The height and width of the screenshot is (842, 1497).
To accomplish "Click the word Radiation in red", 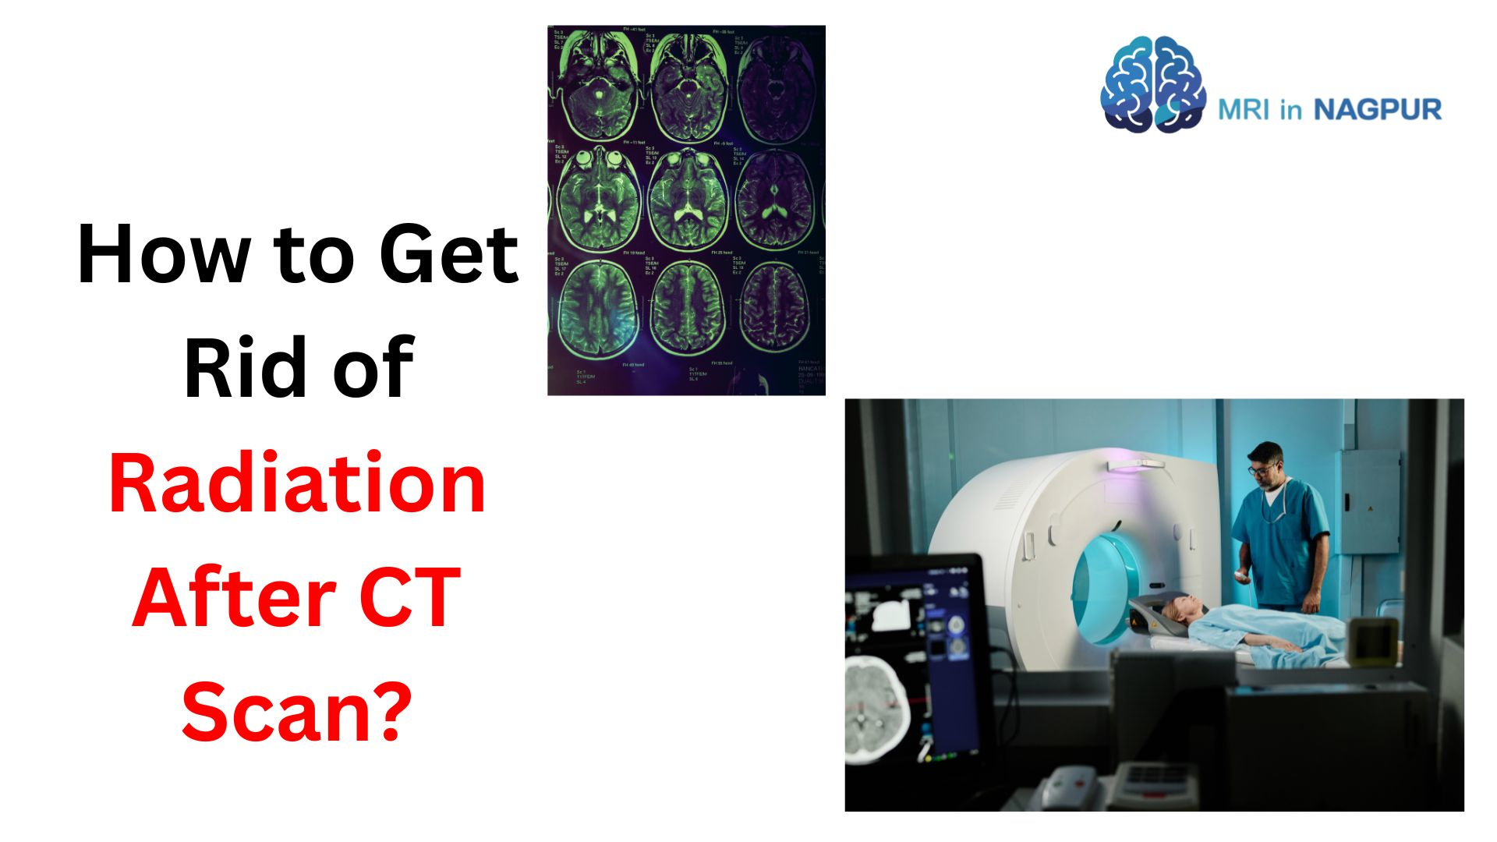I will pos(297,484).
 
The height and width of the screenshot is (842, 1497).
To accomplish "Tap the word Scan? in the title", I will pos(297,711).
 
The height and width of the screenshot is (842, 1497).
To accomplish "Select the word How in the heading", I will pos(163,255).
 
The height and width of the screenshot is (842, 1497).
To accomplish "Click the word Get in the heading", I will pos(448,255).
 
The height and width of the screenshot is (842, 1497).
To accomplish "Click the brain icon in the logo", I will pos(1152,84).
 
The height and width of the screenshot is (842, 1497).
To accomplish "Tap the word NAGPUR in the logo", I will pos(1378,110).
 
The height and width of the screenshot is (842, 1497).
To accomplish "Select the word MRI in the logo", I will pos(1244,110).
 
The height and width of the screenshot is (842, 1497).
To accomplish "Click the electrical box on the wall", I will pos(1369,501).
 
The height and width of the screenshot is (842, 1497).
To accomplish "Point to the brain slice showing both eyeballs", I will pos(599,195).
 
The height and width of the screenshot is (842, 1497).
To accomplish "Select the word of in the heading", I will pos(373,368).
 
